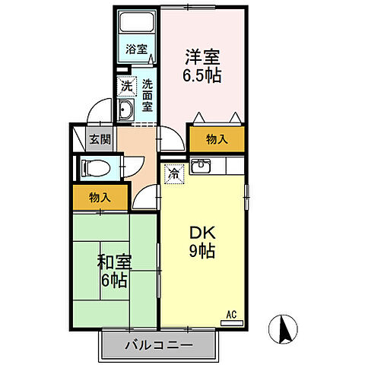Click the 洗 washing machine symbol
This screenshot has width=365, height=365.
(x=125, y=86)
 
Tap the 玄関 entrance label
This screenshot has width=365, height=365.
(x=98, y=140)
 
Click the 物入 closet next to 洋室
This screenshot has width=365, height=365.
(x=217, y=139)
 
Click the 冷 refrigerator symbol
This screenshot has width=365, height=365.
(x=173, y=173)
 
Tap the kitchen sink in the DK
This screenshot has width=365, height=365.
(x=201, y=164)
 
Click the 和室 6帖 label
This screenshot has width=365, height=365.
(x=114, y=269)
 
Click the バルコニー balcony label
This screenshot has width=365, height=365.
(x=159, y=346)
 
